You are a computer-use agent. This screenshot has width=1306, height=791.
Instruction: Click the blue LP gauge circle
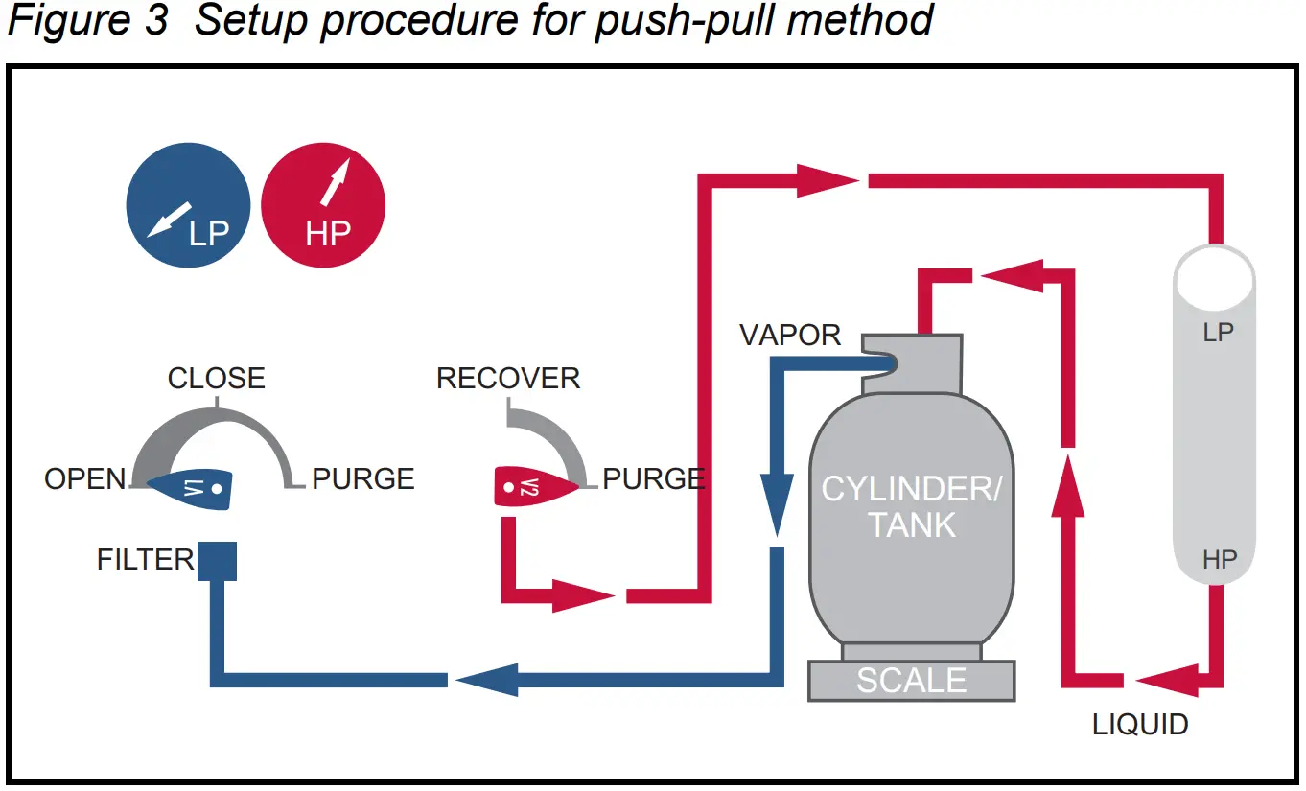click(x=188, y=206)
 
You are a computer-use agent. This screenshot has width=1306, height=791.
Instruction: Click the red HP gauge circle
click(x=323, y=206)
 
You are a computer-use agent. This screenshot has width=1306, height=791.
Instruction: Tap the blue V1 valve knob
click(x=191, y=488)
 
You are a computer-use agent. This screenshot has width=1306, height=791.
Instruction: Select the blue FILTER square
click(x=217, y=561)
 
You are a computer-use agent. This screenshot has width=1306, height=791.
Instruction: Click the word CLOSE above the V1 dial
click(x=216, y=378)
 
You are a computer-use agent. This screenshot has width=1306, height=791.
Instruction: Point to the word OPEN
click(x=84, y=478)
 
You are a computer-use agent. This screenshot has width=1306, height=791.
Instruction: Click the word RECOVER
click(x=508, y=378)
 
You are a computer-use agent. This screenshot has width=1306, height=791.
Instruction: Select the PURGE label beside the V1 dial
click(x=363, y=478)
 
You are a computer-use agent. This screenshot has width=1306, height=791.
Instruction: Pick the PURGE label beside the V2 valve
click(x=654, y=478)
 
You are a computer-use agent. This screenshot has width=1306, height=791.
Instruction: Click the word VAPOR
click(x=790, y=335)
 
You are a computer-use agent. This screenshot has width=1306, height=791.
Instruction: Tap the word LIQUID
click(x=1140, y=724)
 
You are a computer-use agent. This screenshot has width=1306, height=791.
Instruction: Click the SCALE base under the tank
click(x=911, y=681)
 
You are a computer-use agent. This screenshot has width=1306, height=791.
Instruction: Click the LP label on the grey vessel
click(x=1217, y=334)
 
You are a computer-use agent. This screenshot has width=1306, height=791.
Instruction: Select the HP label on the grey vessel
click(x=1219, y=559)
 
